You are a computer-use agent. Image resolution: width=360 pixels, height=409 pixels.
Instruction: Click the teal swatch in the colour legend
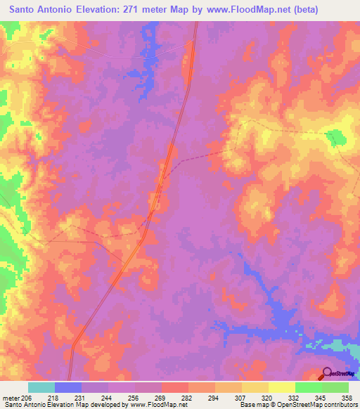coord(41,387)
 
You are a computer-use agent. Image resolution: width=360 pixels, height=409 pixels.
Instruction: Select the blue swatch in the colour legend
coord(68,387)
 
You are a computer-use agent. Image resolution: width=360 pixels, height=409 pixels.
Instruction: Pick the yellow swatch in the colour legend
coord(281,387)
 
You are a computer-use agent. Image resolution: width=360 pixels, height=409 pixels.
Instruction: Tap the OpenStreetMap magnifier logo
coord(328,374)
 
